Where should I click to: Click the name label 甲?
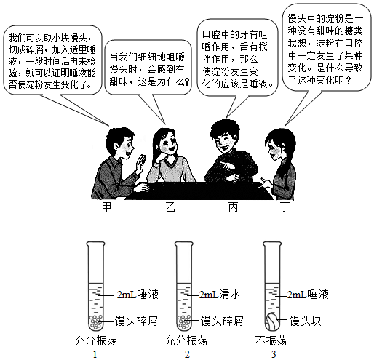[106, 207]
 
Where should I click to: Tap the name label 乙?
[170, 207]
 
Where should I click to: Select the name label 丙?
[233, 207]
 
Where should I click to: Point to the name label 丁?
[285, 207]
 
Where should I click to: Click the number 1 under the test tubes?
[95, 354]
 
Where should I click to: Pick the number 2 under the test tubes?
[187, 354]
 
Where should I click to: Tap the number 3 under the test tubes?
[274, 354]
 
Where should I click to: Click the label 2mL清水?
[220, 295]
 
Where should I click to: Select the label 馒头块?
[305, 321]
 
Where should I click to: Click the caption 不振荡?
[271, 340]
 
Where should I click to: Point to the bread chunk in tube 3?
[272, 321]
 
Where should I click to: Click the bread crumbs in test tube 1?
[95, 322]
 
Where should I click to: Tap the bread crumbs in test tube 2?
[184, 322]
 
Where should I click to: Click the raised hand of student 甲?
[141, 163]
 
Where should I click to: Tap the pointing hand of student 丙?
[228, 167]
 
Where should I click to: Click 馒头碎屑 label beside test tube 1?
[136, 321]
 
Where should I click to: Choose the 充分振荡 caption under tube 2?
[186, 340]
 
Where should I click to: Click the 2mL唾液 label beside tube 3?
[308, 295]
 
